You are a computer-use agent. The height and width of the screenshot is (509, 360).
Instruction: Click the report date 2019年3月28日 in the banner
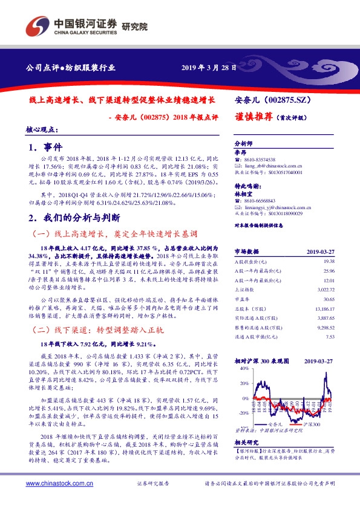(209, 67)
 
